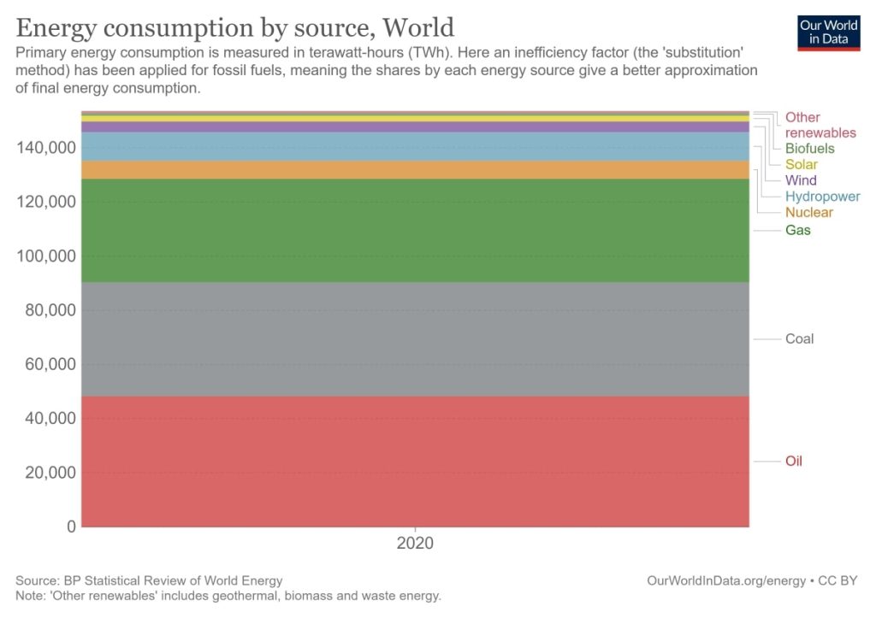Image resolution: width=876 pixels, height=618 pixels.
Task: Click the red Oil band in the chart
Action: pyautogui.click(x=415, y=461)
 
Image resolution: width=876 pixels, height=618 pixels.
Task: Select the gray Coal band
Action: pyautogui.click(x=415, y=338)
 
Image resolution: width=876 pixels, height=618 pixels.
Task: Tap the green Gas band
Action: pyautogui.click(x=415, y=230)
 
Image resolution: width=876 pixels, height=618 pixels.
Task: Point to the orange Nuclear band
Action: pyautogui.click(x=415, y=169)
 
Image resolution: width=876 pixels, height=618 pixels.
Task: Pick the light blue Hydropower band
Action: pyautogui.click(x=415, y=146)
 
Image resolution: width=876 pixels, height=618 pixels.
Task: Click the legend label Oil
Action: pyautogui.click(x=794, y=462)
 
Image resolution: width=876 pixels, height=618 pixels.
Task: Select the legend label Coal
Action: pyautogui.click(x=800, y=338)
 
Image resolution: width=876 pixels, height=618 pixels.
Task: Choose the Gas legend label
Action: pyautogui.click(x=798, y=230)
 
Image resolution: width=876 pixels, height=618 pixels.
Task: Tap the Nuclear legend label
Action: pyautogui.click(x=809, y=212)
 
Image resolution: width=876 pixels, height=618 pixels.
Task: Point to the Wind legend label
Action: pyautogui.click(x=801, y=180)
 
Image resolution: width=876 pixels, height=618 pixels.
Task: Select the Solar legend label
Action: pyautogui.click(x=802, y=164)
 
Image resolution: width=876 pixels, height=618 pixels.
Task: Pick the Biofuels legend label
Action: pyautogui.click(x=810, y=149)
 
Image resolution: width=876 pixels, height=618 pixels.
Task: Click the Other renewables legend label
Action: pyautogui.click(x=820, y=125)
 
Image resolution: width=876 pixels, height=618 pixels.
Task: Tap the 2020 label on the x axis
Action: pyautogui.click(x=415, y=543)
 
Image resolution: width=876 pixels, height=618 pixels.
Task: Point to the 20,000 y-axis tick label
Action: pyautogui.click(x=44, y=473)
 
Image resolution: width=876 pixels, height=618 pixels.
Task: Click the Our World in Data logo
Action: pyautogui.click(x=828, y=32)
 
